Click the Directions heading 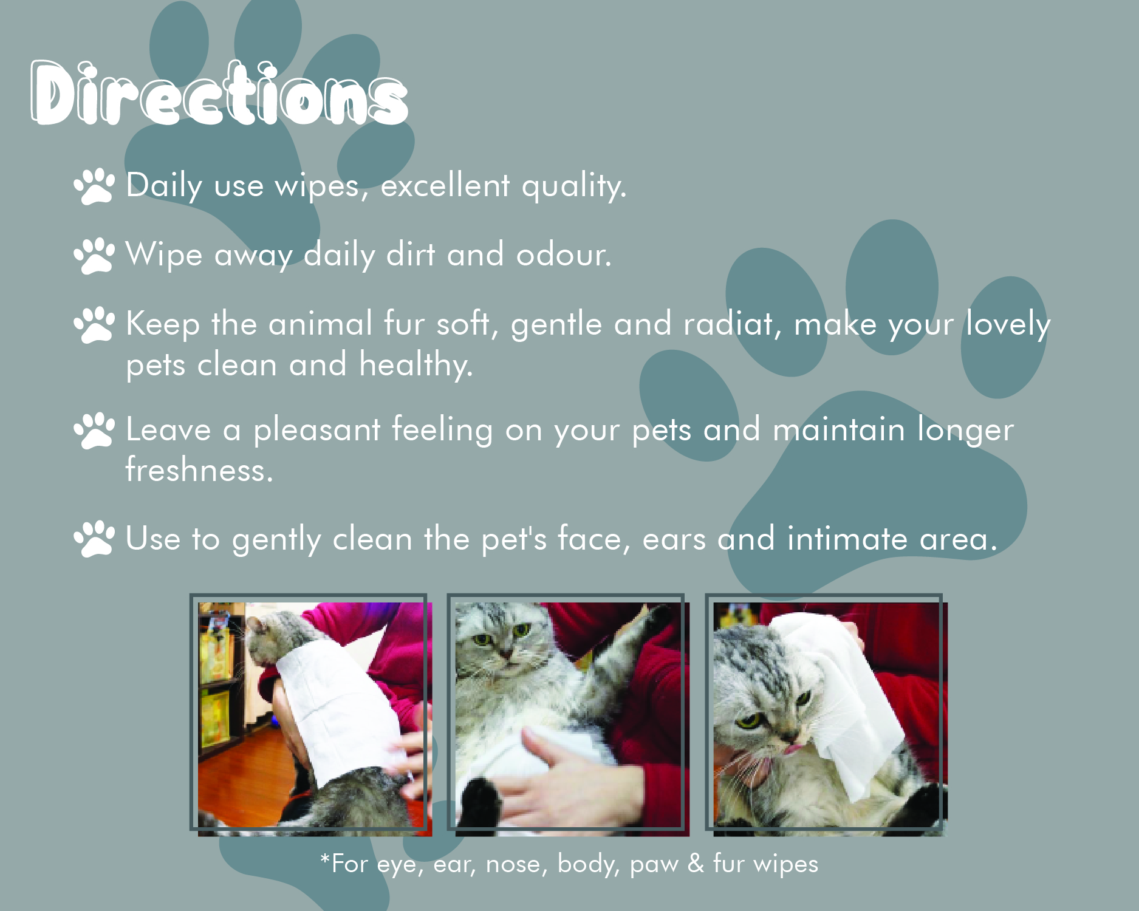coord(219,94)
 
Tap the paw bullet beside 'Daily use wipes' coord(94,186)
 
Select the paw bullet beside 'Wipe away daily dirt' coord(94,255)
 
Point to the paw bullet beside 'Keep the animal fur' coord(94,324)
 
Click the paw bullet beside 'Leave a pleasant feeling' coord(94,431)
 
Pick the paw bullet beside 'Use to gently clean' coord(94,539)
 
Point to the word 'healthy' coord(416,366)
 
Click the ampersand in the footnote coord(696,864)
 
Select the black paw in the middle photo coord(481,803)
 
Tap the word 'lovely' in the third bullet coord(1008,324)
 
